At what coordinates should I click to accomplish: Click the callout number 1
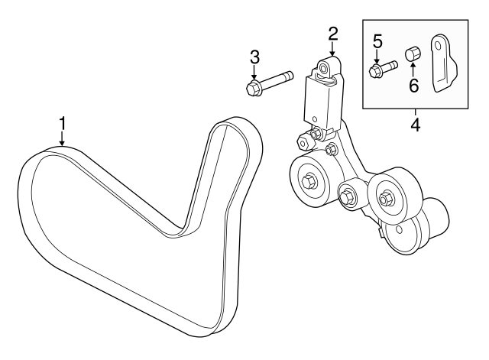(63, 123)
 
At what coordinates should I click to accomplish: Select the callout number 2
(332, 33)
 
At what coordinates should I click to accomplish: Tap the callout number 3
(255, 57)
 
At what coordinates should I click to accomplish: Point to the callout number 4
(415, 124)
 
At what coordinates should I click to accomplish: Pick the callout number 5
(377, 40)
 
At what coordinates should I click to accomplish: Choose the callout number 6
(413, 86)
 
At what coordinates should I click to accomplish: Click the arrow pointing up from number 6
(413, 71)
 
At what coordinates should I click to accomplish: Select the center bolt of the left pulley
(309, 182)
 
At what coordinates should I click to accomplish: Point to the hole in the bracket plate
(441, 52)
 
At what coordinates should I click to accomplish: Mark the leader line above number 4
(415, 111)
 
